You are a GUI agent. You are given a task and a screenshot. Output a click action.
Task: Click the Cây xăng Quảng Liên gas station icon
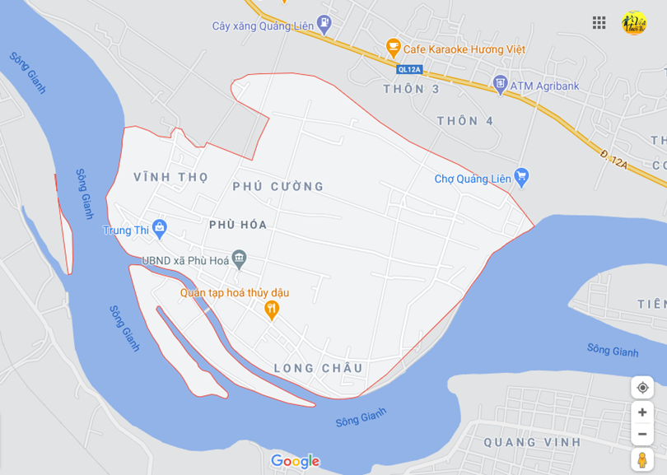click(x=324, y=25)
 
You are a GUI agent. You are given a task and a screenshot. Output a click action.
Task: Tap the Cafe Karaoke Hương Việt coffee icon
click(x=393, y=48)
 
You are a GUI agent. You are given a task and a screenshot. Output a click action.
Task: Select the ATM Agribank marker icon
click(x=499, y=84)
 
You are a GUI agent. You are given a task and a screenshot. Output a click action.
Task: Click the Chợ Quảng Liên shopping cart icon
click(x=520, y=177)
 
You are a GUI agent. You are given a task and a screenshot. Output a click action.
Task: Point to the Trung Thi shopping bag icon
click(x=160, y=229)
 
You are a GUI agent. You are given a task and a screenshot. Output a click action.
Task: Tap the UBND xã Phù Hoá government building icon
click(x=239, y=259)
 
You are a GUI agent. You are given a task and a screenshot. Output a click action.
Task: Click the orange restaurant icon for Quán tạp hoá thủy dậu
click(x=272, y=310)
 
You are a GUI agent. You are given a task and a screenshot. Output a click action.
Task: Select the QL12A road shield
click(x=409, y=69)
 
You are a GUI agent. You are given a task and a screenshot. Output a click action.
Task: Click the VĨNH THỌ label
click(x=170, y=177)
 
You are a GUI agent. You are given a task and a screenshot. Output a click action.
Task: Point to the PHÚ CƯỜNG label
click(x=278, y=187)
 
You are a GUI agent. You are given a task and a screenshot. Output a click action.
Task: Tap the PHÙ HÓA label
click(x=238, y=224)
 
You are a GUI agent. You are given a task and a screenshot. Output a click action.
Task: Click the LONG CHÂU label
click(x=319, y=368)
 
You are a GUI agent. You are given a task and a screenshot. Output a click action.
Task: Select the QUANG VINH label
click(x=532, y=442)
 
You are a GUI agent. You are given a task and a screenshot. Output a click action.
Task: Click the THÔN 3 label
click(x=411, y=89)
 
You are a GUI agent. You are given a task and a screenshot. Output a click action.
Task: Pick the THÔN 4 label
click(x=465, y=121)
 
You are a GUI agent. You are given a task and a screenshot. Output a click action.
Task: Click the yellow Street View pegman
click(x=642, y=459)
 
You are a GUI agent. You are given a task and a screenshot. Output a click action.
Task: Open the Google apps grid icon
click(x=599, y=23)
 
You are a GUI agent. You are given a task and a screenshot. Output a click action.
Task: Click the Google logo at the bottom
click(x=295, y=461)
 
